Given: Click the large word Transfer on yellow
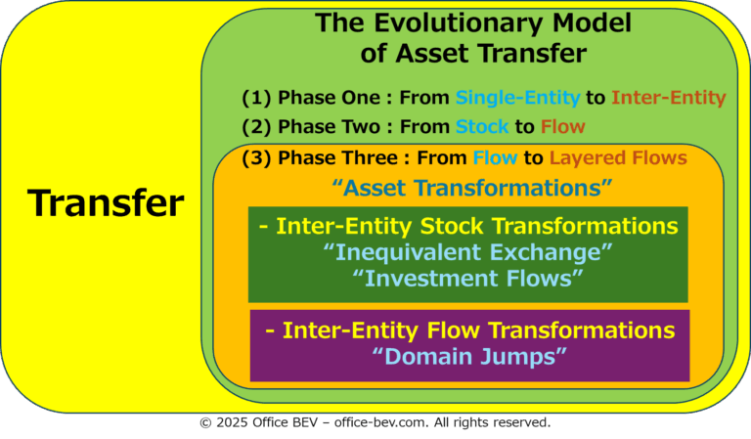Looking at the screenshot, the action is pos(106,202).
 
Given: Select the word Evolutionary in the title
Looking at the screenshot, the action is pos(458,23).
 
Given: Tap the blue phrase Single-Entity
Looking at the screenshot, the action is pos(517,98).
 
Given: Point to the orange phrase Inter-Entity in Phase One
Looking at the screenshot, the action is pos(669,98).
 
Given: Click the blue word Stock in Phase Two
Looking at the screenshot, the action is pos(482,127).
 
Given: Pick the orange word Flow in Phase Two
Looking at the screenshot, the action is pos(563,127).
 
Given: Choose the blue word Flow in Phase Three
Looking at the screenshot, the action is pos(495,158).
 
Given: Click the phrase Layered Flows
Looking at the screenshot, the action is pos(618,158).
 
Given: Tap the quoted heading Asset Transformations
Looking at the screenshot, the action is pos(472,188).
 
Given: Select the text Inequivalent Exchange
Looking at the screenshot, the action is pos(468,252).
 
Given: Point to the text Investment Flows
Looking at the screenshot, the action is pos(467,278).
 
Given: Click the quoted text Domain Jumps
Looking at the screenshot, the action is pos(469,357).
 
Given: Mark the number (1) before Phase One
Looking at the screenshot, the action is pos(256,98).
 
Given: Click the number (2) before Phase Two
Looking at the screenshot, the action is pos(256,127).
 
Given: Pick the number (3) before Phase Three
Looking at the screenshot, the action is pos(256,158).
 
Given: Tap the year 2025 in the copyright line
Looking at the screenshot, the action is pos(232,422).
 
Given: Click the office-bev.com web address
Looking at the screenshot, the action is pos(380,422).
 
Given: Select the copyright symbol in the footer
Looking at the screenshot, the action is pos(205,422).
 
